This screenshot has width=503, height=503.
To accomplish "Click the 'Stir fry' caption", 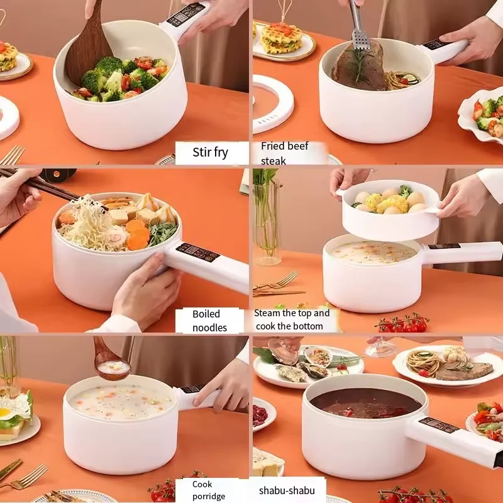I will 211,152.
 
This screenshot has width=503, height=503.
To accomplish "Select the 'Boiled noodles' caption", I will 209,320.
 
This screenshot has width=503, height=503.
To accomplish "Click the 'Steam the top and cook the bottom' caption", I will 292,319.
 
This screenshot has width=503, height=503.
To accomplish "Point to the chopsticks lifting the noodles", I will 38,183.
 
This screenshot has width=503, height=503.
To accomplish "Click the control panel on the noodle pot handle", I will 197,252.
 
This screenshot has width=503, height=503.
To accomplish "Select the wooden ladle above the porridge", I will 110,362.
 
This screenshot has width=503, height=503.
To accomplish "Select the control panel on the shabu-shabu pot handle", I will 439,426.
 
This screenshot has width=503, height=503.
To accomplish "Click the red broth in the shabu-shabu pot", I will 365,402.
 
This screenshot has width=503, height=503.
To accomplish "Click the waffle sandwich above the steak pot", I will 281,38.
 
